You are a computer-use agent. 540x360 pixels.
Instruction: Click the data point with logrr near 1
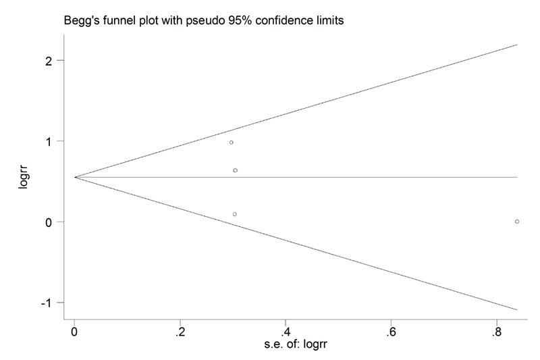(231, 143)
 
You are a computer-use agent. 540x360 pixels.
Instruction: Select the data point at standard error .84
(517, 222)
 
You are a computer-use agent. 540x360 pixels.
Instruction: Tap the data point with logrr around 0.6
(235, 170)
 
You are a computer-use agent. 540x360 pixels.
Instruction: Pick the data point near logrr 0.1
(234, 214)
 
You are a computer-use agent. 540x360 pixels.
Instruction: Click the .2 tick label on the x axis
(178, 332)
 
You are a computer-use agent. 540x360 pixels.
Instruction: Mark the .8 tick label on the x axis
(495, 332)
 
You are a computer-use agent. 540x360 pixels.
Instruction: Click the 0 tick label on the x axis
(74, 332)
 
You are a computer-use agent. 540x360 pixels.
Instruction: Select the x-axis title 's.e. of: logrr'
(294, 345)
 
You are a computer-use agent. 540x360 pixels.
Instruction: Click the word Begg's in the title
(81, 21)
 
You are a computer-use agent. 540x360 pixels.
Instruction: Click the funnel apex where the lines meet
(75, 177)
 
